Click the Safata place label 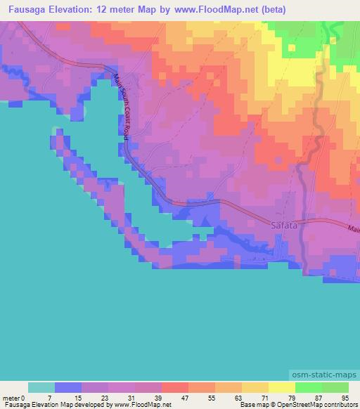pos(283,226)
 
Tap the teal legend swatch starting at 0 pos(41,387)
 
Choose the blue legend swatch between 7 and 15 pos(68,387)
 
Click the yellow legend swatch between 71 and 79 pos(281,387)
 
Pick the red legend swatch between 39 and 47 pos(174,387)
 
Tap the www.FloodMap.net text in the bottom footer pos(141,405)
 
